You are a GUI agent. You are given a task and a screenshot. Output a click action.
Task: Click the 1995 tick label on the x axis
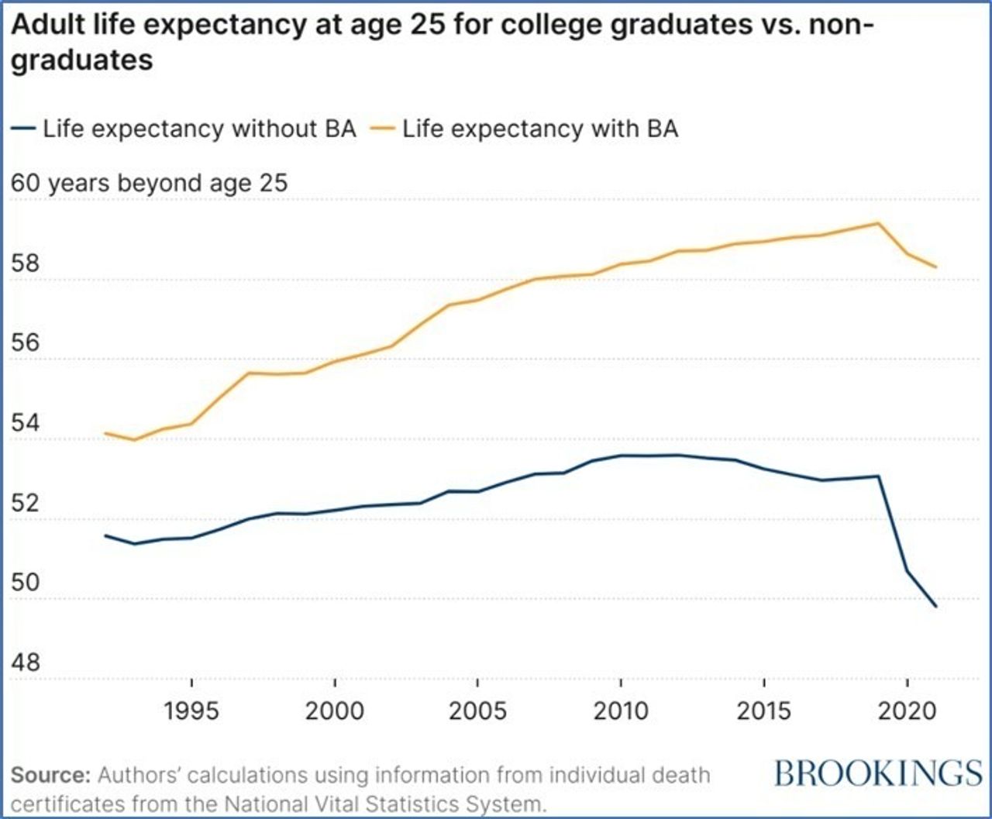coord(191,711)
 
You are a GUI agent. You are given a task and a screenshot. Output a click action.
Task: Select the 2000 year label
coord(334,711)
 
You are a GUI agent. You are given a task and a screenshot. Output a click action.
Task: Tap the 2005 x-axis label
coord(477,711)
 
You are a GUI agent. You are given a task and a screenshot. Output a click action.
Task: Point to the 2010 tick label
coord(621,711)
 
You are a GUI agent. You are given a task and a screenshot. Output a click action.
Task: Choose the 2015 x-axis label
coord(764,711)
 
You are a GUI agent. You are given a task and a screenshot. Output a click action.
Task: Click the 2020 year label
coord(907,711)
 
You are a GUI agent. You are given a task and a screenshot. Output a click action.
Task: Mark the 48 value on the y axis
coord(26,662)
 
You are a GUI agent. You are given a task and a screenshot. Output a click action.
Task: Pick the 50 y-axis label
coord(26,583)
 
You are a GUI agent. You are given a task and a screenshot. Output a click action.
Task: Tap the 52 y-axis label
coord(26,503)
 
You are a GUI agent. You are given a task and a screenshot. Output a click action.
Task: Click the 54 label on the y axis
coord(26,423)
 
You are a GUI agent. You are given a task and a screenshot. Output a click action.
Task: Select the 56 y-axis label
coord(26,343)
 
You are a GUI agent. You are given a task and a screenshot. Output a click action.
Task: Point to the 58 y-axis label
coord(26,263)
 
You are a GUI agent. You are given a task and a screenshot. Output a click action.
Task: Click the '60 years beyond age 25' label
coord(149,184)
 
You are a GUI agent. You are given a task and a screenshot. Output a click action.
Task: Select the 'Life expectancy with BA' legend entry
coord(540,129)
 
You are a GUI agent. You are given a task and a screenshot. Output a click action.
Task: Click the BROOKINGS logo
coord(878,773)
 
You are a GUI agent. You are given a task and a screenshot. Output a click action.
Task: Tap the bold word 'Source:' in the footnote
coord(51,776)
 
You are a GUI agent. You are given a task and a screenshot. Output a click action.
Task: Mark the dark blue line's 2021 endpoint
coord(936,606)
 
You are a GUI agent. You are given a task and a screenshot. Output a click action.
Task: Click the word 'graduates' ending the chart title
coord(82,60)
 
